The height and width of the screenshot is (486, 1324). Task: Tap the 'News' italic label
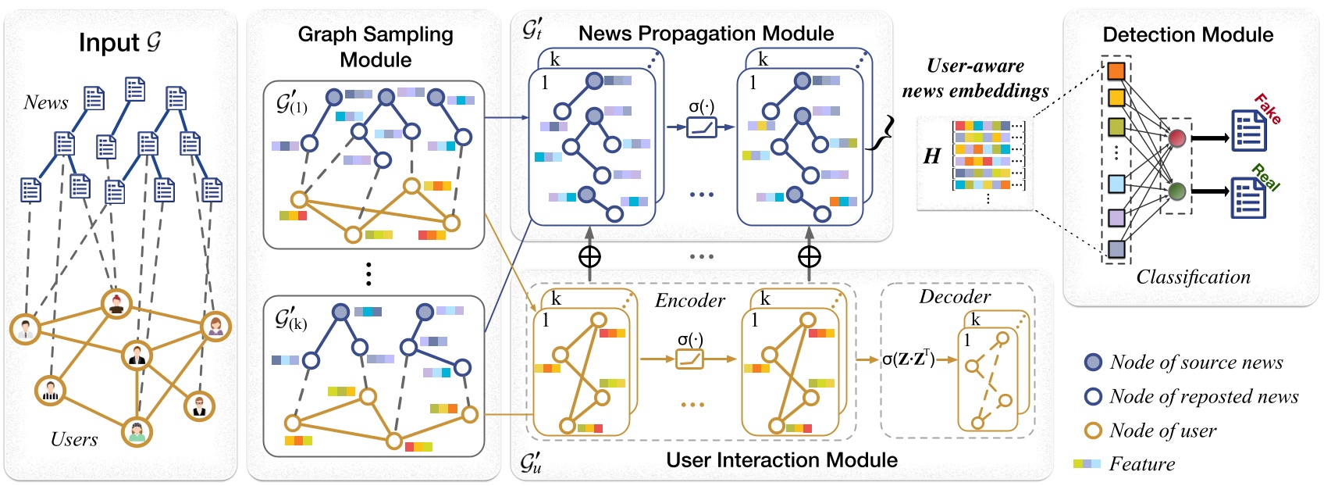pos(45,102)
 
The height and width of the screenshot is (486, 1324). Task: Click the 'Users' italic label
pos(74,439)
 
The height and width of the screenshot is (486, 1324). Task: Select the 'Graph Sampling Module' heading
pos(375,47)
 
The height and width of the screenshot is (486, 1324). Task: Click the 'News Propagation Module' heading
pos(706,34)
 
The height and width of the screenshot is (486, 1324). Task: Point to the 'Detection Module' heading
pos(1187,35)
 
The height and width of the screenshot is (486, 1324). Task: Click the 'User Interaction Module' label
pos(781,459)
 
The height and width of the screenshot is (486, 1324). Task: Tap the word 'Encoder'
pos(690,301)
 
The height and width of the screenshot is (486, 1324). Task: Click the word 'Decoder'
pos(954,297)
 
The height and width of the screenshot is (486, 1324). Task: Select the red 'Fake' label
pos(1267,109)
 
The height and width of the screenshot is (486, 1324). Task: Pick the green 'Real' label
pos(1265,178)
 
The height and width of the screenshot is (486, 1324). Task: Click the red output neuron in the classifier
pos(1176,139)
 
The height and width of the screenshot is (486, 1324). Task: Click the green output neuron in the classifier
pos(1176,191)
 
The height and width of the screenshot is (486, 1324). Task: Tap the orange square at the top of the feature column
pos(1116,71)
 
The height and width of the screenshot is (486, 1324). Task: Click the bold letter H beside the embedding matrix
pos(931,156)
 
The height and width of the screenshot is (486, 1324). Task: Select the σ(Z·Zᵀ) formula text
pos(908,359)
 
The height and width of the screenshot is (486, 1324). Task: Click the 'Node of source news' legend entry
pos(1195,362)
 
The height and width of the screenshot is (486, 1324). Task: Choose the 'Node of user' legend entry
pos(1162,431)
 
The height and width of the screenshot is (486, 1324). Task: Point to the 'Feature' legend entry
pos(1141,464)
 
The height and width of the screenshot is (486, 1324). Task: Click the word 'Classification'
pos(1192,277)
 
